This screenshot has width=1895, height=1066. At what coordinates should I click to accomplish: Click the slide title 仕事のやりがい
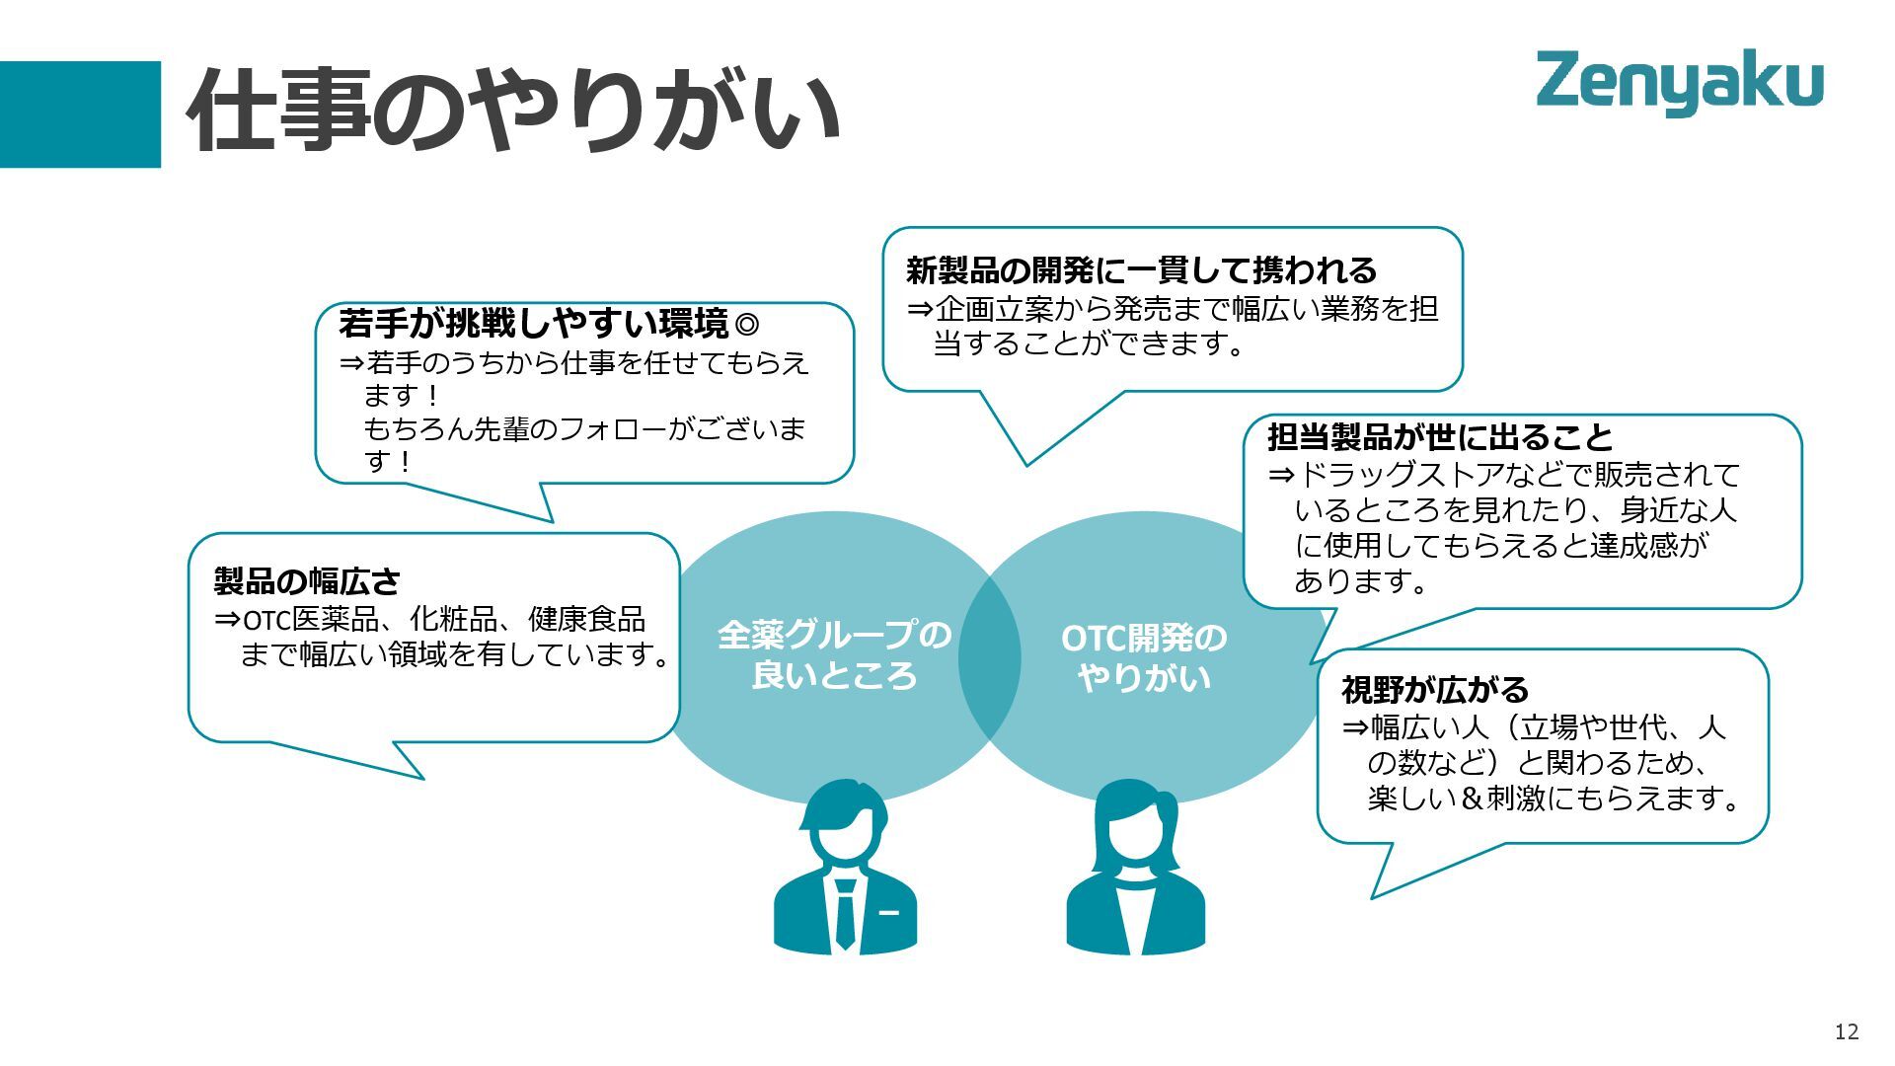513,111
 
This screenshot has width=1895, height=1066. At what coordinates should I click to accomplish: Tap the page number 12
1846,1031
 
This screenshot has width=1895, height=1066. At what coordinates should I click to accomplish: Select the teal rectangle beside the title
80,114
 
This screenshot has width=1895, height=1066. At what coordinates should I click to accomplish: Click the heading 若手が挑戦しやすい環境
533,323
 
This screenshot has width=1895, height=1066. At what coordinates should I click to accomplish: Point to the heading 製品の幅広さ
307,580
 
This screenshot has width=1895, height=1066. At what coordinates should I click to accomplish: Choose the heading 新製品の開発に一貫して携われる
1141,269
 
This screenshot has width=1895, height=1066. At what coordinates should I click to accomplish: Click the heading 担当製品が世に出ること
1440,436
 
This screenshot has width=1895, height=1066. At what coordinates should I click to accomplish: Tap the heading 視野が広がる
1434,689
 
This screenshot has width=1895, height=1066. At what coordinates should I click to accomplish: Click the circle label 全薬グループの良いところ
834,655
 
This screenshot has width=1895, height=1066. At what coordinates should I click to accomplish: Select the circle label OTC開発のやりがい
1144,657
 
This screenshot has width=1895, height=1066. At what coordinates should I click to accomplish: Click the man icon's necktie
845,910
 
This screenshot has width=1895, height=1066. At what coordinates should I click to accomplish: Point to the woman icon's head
1135,819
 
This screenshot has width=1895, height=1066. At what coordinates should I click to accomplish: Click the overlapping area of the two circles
989,657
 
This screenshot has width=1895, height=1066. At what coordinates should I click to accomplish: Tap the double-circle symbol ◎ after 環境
747,323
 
